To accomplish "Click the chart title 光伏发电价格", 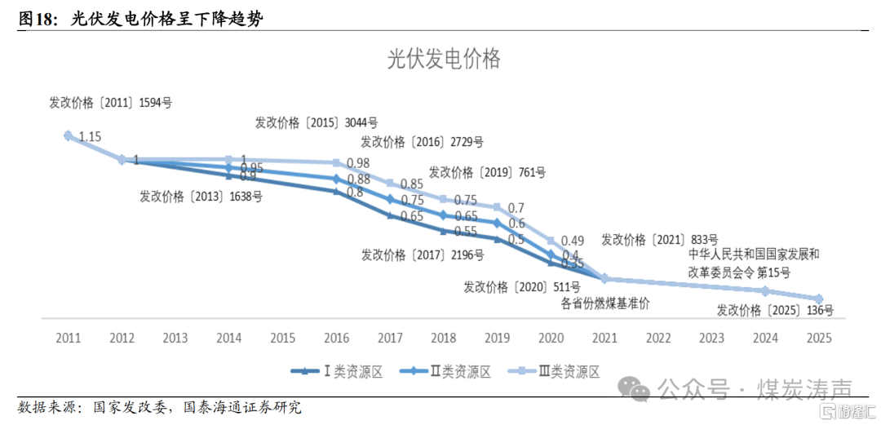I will click(443, 60).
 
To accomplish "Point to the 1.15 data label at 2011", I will click(90, 137).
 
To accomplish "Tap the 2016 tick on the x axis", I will click(337, 338).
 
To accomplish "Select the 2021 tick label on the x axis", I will click(604, 338).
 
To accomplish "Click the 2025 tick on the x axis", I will click(818, 338).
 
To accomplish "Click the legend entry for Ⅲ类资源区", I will click(554, 372).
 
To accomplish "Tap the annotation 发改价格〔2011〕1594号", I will click(111, 104).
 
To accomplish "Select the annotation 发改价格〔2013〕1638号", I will click(201, 197).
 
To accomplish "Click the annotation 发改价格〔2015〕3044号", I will click(317, 123).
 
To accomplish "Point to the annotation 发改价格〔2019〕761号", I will click(487, 172).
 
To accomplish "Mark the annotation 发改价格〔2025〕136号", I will click(775, 310).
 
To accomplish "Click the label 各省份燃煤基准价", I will click(605, 303).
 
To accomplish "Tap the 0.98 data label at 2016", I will click(358, 163).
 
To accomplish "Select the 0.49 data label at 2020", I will click(573, 240).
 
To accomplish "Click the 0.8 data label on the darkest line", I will click(355, 193).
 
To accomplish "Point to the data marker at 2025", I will click(818, 299).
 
